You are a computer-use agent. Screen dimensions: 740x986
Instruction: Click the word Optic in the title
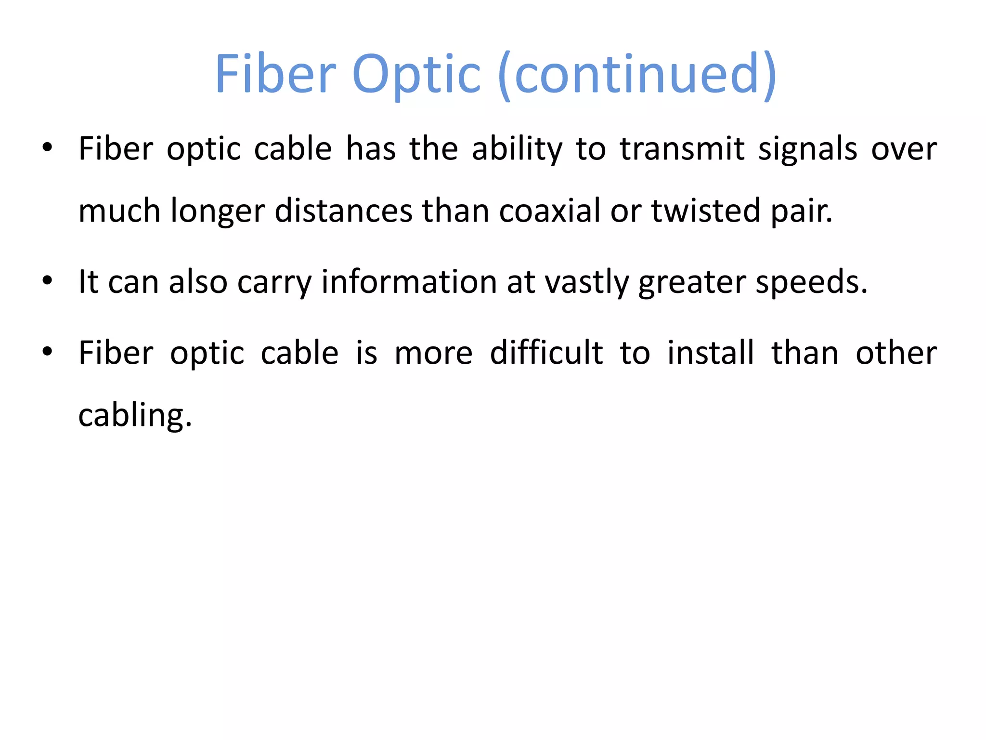[416, 75]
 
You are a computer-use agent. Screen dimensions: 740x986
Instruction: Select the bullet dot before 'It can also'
[47, 280]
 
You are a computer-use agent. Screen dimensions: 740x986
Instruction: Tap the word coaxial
[549, 211]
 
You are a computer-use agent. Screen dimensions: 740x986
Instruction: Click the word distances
[343, 211]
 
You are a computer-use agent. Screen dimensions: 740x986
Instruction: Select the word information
[409, 282]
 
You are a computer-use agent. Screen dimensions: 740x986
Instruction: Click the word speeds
[811, 282]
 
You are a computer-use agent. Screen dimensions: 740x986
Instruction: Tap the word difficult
[546, 353]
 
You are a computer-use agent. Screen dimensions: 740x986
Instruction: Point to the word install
[711, 353]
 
